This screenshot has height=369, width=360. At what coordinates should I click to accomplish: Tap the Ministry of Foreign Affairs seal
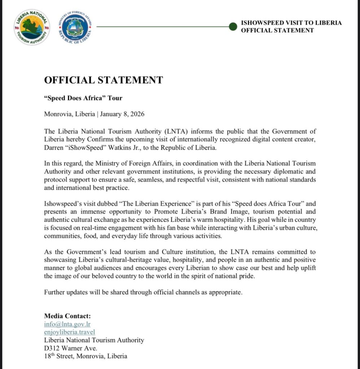click(x=76, y=27)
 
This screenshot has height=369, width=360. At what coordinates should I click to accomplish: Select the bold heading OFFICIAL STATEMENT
click(x=104, y=80)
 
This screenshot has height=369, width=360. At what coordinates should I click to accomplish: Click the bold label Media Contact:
click(x=67, y=316)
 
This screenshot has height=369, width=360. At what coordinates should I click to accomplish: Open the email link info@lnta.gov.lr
click(x=67, y=324)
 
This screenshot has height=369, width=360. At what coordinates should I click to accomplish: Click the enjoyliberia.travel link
click(x=70, y=332)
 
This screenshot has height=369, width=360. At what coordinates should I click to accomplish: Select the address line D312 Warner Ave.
click(x=70, y=348)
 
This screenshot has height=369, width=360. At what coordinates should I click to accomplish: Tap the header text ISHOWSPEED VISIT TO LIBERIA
click(x=291, y=23)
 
